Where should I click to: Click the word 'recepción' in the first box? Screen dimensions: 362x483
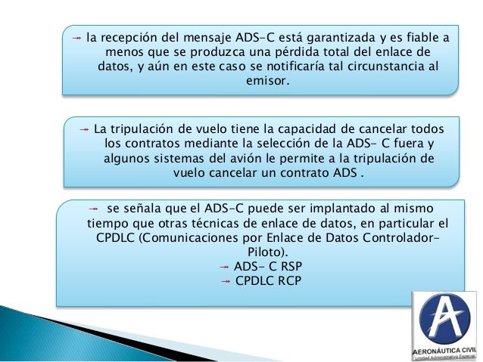pos(123,36)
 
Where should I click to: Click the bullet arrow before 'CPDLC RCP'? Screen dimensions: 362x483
pos(224,281)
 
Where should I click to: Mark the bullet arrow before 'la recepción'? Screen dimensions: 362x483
pos(77,36)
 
